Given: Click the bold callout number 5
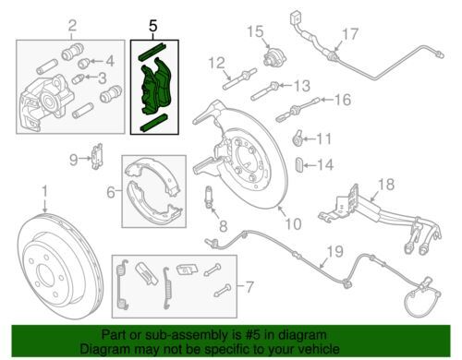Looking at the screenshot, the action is pos(153,26).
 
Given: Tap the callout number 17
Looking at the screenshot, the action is pos(350,34).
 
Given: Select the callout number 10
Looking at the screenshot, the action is pos(293,224).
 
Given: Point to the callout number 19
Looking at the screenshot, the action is pos(335,251).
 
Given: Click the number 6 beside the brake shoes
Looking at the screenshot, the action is pos(111,192).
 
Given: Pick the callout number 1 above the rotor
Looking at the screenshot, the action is pos(45,191).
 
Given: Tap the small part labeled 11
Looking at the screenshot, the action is pos(298,139).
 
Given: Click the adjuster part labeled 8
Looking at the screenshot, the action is pos(209,197).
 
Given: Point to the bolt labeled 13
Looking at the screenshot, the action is pos(265,91).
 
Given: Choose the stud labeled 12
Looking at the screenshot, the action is pos(239,79).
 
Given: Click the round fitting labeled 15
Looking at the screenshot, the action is pos(274,57).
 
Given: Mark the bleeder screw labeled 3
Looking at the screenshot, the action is pos(77,79).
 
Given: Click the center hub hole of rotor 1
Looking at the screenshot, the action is pos(46,273).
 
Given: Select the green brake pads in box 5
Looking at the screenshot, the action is pos(155,87).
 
